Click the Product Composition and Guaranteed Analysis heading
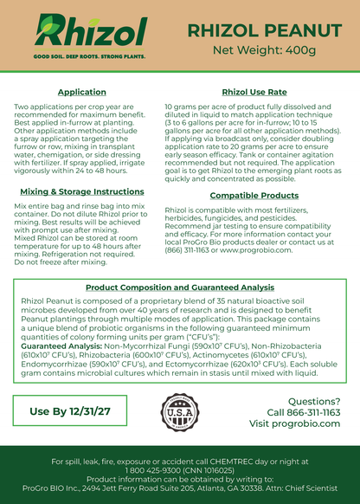pyautogui.click(x=179, y=286)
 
